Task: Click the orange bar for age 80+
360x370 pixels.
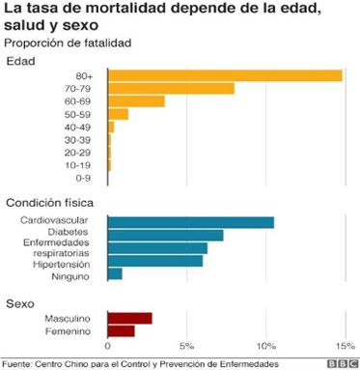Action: coord(224,75)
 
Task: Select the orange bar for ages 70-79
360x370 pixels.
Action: coord(171,88)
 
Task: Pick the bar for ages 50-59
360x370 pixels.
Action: coord(118,114)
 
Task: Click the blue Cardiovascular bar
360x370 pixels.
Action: coord(190,222)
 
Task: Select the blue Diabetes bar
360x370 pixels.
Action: coord(165,235)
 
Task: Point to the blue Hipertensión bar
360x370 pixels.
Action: coord(154,261)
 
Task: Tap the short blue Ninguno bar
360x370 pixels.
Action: coord(115,274)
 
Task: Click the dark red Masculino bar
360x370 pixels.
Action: coord(129,318)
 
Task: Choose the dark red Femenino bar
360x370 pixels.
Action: coord(121,331)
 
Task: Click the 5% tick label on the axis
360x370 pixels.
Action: coord(187,346)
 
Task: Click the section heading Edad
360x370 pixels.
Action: coord(21,61)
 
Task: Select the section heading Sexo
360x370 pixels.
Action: coord(21,302)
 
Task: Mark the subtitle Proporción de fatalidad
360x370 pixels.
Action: coord(68,43)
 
